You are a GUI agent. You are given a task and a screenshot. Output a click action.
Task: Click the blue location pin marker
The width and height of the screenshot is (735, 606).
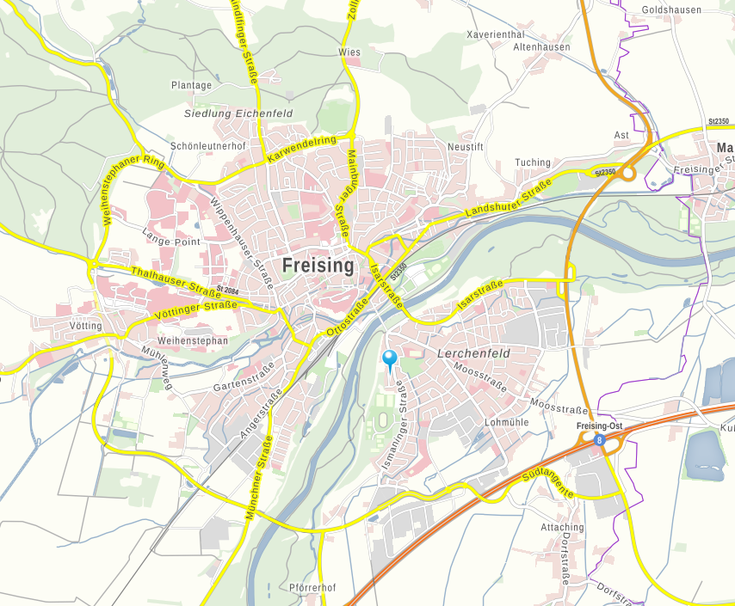tap(390, 359)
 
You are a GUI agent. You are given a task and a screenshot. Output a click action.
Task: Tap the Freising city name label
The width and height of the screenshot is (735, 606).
tap(318, 266)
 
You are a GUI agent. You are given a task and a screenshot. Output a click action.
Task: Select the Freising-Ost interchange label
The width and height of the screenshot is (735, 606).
tap(599, 427)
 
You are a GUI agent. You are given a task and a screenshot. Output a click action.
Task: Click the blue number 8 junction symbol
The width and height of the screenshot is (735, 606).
tap(599, 440)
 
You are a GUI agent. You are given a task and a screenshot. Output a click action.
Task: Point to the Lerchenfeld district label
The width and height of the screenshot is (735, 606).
tap(473, 353)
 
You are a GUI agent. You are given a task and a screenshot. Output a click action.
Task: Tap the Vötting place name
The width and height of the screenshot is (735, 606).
tap(86, 326)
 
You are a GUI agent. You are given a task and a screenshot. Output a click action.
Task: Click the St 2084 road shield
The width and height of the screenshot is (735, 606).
tap(228, 291)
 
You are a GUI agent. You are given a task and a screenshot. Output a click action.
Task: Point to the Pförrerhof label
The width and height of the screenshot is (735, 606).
tap(311, 587)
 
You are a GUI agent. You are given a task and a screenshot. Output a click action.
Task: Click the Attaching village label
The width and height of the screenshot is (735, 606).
tap(562, 527)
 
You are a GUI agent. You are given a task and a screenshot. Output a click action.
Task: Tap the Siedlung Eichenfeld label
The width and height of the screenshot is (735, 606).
tap(238, 113)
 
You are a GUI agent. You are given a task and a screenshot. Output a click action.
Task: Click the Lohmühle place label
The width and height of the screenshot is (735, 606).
tap(506, 423)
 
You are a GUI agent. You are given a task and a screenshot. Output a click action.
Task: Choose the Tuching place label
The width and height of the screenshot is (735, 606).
tap(532, 162)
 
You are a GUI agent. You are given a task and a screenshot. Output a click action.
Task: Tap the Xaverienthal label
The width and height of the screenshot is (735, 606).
tap(495, 34)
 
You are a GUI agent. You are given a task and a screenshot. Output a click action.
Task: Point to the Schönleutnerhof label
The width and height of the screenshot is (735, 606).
tap(208, 146)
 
